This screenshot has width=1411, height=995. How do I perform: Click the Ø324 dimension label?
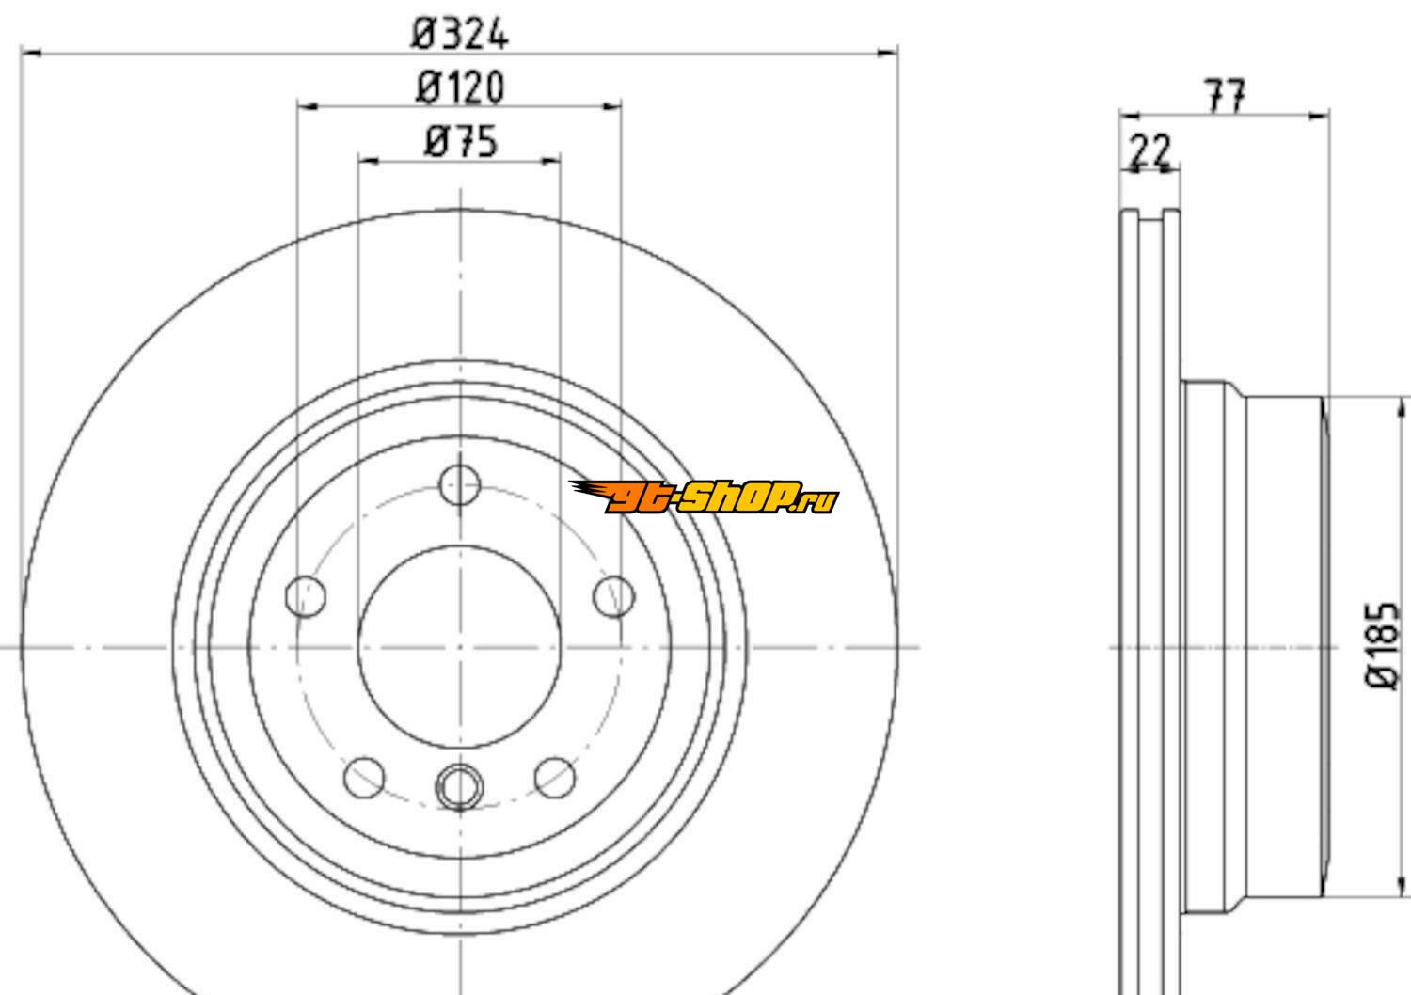click(x=460, y=34)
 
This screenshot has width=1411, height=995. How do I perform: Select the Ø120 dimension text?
click(x=461, y=87)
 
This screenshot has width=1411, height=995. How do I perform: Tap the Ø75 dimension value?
click(x=461, y=141)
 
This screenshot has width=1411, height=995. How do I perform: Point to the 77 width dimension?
click(x=1225, y=96)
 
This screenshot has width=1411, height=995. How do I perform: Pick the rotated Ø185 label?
click(x=1382, y=645)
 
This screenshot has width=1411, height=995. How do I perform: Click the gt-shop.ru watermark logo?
click(x=705, y=497)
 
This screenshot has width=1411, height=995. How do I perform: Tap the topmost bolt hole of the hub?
click(x=460, y=484)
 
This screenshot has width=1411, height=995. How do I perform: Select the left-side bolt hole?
click(x=306, y=595)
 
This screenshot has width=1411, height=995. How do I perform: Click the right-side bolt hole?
click(x=614, y=596)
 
